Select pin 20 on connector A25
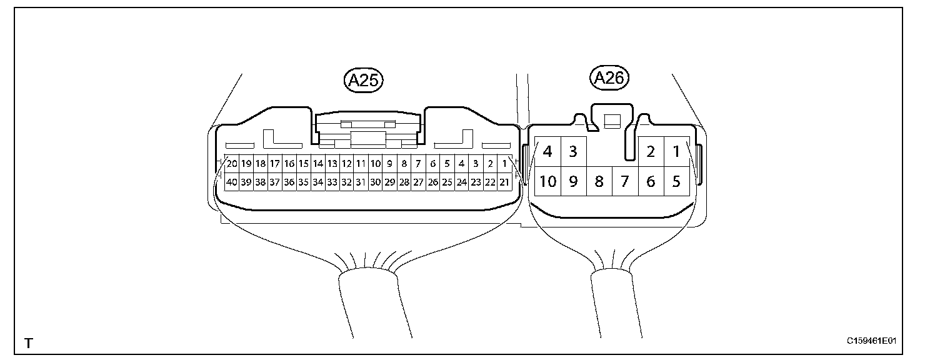232,164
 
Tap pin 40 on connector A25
232,182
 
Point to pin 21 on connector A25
504,182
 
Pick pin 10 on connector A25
375,164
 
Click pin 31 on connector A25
361,182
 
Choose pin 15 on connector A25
303,164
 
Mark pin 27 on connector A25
418,182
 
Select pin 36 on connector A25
289,182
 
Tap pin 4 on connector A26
548,152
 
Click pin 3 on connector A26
573,152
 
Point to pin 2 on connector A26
651,152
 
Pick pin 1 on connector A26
676,152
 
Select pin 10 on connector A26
548,182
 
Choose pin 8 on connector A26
599,182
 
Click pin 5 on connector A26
676,182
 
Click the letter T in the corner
28,343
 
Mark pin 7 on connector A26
624,182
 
